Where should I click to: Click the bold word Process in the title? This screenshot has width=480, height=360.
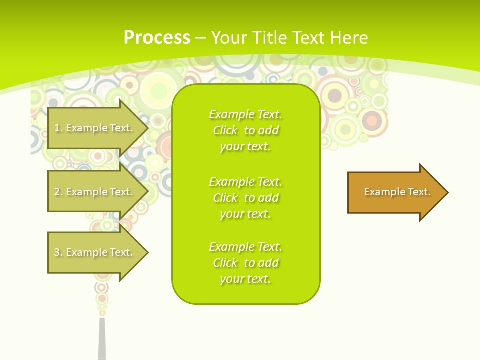point(157,38)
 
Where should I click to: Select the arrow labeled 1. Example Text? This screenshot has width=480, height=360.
point(95,128)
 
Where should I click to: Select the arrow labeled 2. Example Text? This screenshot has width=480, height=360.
point(95,192)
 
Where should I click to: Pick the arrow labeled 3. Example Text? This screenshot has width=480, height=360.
point(95,252)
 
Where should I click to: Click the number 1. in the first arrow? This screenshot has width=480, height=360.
point(58,128)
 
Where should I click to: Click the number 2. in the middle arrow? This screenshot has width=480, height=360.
point(58,192)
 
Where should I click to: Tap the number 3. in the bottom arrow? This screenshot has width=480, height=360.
point(58,252)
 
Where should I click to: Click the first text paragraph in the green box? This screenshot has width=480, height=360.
point(245,130)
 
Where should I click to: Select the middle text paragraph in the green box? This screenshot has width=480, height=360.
point(245,198)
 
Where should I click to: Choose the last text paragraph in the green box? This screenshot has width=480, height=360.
point(245,263)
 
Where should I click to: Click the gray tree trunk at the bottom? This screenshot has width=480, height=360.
point(102,340)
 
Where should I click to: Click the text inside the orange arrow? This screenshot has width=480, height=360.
point(397,192)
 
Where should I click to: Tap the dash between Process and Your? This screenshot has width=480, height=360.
point(200,38)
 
